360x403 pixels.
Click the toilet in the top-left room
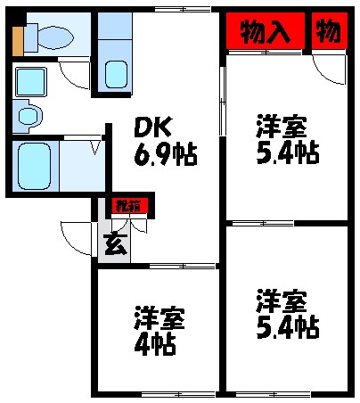[52, 37]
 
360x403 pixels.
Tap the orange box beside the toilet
[19, 39]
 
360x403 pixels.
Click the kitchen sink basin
[113, 73]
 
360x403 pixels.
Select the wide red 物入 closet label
[266, 32]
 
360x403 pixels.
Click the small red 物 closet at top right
[328, 32]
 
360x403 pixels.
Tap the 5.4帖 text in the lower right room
[287, 325]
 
